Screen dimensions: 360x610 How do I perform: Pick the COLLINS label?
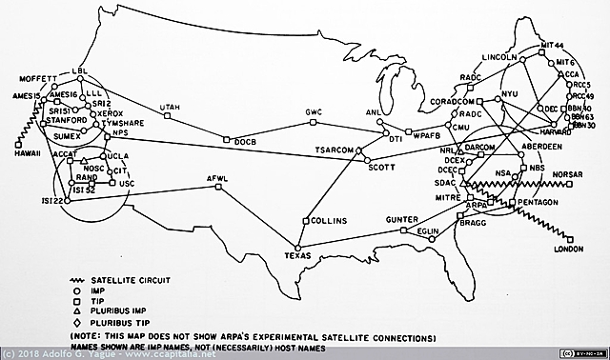(329, 221)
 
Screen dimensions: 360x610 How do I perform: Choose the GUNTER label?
(402, 219)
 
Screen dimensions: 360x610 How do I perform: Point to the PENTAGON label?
(539, 203)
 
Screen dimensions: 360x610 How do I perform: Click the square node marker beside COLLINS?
(306, 221)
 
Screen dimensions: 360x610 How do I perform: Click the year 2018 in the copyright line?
(30, 354)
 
